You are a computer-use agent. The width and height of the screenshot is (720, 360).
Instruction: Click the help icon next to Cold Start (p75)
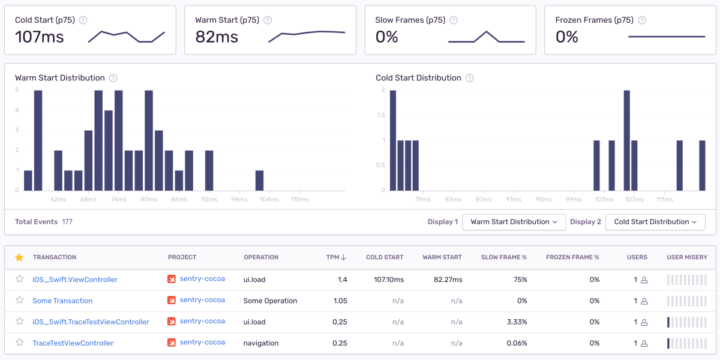click(x=83, y=20)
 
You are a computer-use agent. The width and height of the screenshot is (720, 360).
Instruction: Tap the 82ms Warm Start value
click(x=217, y=37)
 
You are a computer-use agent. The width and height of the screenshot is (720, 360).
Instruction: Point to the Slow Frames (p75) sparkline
click(x=487, y=37)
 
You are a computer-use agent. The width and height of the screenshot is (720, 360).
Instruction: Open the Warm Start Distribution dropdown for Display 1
click(x=514, y=222)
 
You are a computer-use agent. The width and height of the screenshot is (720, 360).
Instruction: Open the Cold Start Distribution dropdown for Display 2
click(x=655, y=222)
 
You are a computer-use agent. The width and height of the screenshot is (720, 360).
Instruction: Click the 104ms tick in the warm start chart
click(x=269, y=199)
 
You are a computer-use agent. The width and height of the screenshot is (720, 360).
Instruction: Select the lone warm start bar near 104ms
click(x=259, y=181)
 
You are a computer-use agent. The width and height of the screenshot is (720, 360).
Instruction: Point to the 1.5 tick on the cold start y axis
click(x=381, y=115)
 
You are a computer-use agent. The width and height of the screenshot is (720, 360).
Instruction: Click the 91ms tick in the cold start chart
click(x=514, y=199)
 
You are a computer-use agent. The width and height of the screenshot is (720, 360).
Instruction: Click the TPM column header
click(x=336, y=257)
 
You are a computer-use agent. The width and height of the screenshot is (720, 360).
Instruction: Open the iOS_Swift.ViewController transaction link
click(x=75, y=280)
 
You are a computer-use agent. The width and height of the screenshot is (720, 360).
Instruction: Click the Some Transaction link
click(x=62, y=301)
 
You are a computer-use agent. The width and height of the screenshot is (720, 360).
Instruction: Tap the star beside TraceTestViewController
click(x=20, y=343)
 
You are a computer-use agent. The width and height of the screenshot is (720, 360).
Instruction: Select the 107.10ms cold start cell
click(x=389, y=280)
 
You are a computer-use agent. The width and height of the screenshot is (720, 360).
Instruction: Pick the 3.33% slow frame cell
click(x=517, y=322)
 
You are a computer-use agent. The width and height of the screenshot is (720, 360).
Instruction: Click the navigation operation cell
click(x=261, y=343)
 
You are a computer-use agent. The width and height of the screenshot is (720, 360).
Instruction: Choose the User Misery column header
click(x=687, y=257)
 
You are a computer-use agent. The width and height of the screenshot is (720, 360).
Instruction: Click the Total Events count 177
click(x=67, y=222)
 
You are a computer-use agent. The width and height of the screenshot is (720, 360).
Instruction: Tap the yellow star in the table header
click(x=19, y=257)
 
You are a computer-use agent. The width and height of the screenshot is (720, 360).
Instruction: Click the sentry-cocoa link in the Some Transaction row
click(x=202, y=300)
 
